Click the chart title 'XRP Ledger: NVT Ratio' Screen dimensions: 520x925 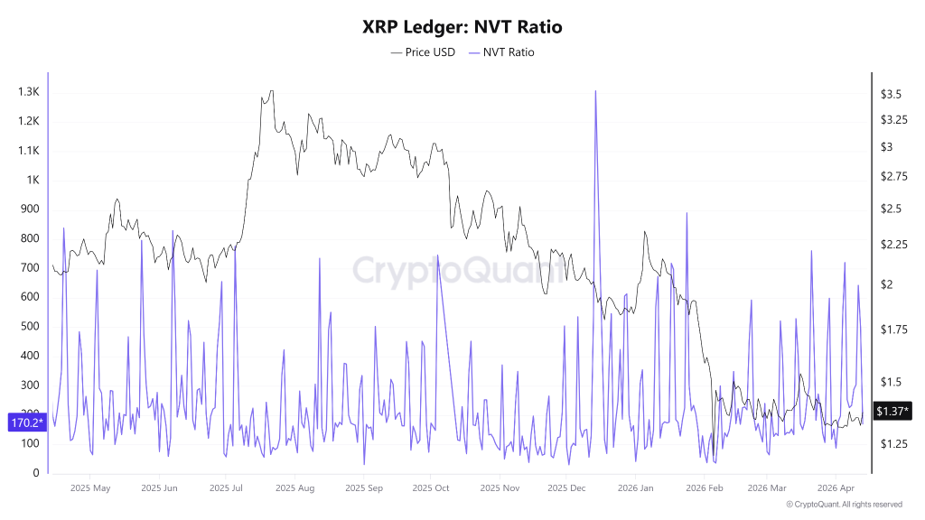(462, 27)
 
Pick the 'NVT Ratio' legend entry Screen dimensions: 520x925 (501, 52)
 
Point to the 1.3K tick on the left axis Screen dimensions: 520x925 (28, 92)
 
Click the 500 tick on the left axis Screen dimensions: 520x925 (30, 327)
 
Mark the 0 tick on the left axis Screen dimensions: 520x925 (36, 473)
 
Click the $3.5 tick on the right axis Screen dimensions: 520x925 (892, 95)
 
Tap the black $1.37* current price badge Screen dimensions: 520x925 (893, 411)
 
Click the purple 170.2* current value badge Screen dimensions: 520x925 (27, 422)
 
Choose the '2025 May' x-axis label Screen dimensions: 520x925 (90, 488)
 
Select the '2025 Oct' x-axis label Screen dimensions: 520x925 (430, 488)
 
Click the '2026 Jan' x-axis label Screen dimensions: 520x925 (634, 488)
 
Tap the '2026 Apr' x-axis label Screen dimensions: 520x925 (836, 488)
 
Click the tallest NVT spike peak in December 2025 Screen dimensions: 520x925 (595, 91)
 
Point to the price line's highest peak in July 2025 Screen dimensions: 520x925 (270, 91)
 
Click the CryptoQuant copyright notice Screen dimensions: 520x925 (844, 505)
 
